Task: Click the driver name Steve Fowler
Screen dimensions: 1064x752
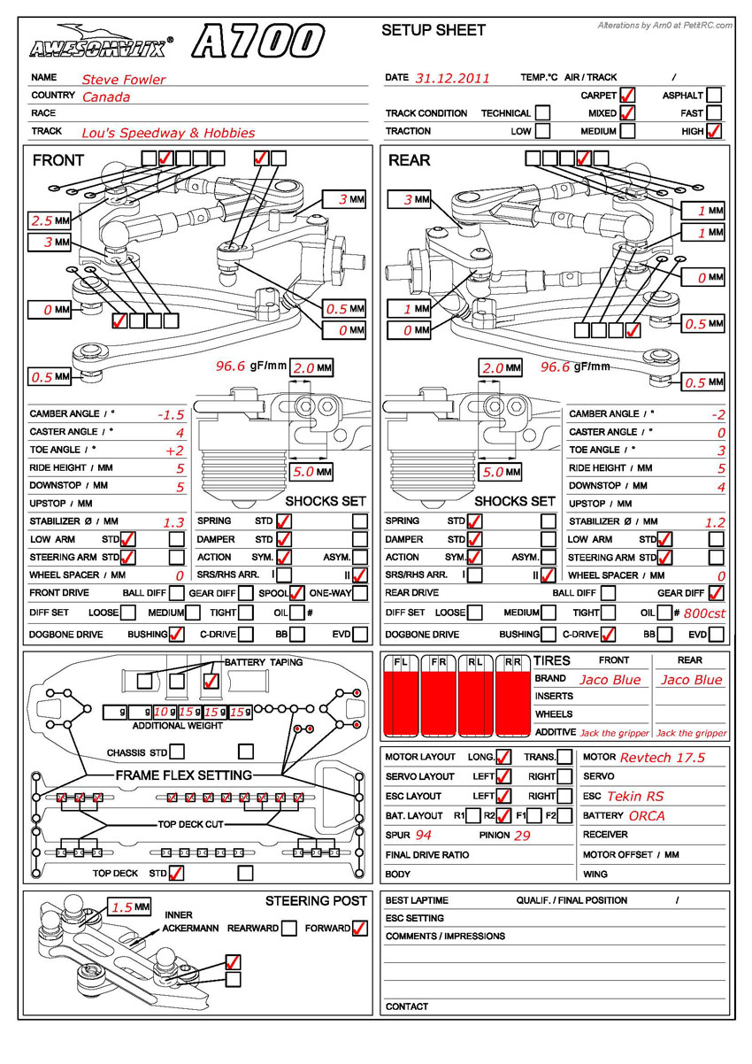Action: [123, 80]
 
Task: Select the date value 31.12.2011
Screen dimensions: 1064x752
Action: [451, 78]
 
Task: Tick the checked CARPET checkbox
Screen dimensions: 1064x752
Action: [627, 95]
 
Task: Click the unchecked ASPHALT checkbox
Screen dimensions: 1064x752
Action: [714, 95]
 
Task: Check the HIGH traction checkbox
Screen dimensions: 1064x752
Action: [714, 131]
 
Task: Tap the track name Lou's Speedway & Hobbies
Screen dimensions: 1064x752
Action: [168, 133]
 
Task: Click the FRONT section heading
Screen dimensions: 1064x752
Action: [58, 160]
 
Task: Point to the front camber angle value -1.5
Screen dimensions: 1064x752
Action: [170, 414]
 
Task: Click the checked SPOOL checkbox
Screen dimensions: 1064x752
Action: [297, 593]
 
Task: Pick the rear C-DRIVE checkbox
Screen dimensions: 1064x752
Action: [608, 635]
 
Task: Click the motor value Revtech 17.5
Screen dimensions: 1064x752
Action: [662, 758]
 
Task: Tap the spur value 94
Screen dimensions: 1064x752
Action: [423, 835]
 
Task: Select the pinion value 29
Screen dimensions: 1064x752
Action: [522, 835]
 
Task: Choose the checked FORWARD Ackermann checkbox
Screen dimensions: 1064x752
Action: [359, 929]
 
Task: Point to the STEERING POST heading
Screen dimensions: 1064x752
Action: [316, 901]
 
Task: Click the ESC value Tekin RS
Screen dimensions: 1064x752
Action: [634, 796]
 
